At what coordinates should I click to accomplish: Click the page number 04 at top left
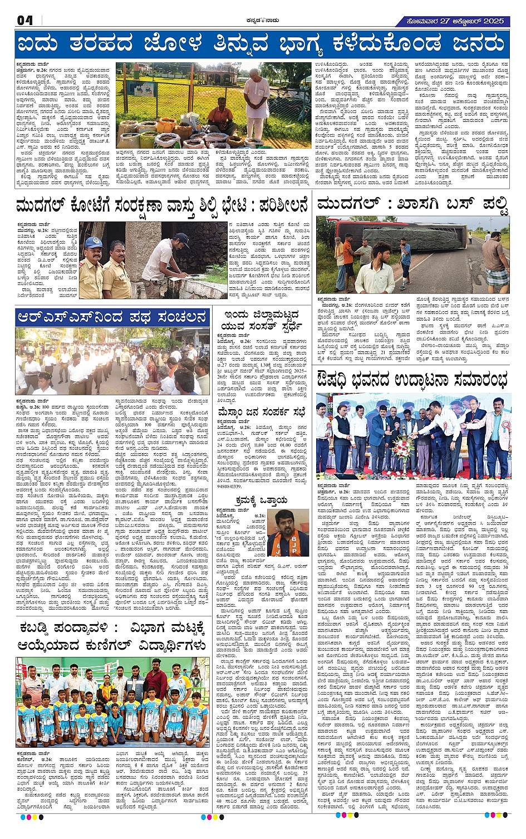click(x=25, y=21)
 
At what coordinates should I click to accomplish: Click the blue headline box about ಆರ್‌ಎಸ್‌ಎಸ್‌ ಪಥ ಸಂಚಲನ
click(x=112, y=317)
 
